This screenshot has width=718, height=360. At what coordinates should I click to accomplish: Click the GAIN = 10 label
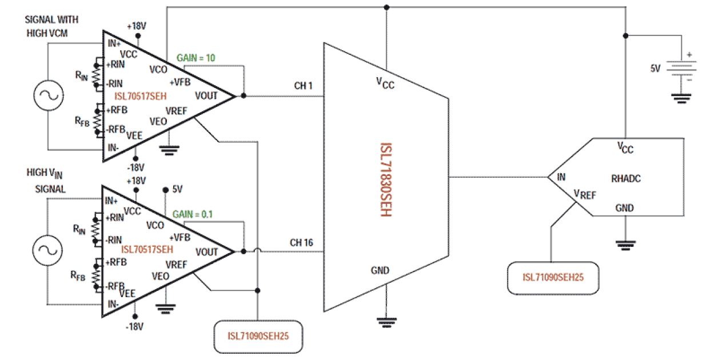pos(196,58)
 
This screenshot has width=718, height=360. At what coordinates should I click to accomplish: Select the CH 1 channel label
pos(304,86)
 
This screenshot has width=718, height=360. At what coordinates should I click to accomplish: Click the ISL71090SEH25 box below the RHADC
pos(554,278)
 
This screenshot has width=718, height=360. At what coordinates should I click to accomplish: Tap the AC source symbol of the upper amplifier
pos(49,95)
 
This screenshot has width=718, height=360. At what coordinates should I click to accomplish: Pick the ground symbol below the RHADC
pos(625,244)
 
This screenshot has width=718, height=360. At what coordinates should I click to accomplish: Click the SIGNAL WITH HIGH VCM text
pos(52,27)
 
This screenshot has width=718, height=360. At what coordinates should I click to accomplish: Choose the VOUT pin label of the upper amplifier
pos(206,95)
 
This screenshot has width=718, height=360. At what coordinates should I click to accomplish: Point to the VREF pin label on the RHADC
pos(585,195)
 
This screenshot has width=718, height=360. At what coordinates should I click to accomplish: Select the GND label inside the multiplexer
pos(380,270)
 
